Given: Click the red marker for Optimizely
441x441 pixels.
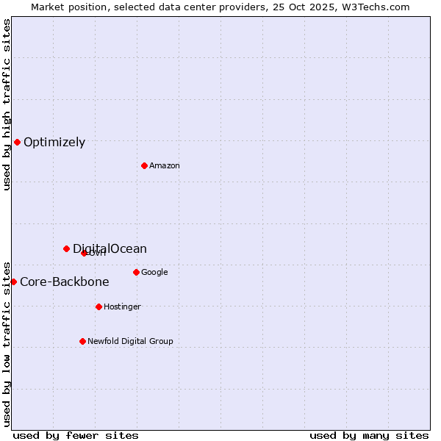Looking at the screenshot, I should [x=17, y=142].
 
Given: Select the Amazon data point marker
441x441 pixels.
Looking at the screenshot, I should [x=144, y=165].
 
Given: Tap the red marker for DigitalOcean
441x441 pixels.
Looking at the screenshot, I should [x=66, y=248].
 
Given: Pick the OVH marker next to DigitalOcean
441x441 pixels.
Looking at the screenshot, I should [x=84, y=253].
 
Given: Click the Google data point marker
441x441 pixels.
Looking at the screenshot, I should [x=136, y=272].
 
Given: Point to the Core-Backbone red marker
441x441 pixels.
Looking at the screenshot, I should [x=13, y=282].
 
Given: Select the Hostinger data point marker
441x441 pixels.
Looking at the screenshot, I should [x=98, y=306].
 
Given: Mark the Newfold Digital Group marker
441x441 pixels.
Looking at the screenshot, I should [x=82, y=341].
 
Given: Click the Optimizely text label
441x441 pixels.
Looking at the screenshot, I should [x=54, y=143].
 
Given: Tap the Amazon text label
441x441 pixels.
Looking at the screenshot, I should [x=165, y=166].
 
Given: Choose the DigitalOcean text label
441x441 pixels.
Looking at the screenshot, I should [x=110, y=248].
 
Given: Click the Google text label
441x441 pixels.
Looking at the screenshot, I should [x=154, y=273].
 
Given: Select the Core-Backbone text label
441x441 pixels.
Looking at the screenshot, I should [x=65, y=282].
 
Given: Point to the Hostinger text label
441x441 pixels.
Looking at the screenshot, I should [x=122, y=307].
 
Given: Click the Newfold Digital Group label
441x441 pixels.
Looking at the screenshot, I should [x=130, y=342].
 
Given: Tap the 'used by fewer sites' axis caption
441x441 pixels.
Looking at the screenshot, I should [x=76, y=435].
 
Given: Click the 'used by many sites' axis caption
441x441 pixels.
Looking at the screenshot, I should [x=369, y=435].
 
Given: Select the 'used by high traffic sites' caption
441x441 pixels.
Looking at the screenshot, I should [x=7, y=104].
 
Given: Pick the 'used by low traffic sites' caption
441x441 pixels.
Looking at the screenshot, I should [x=7, y=343].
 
